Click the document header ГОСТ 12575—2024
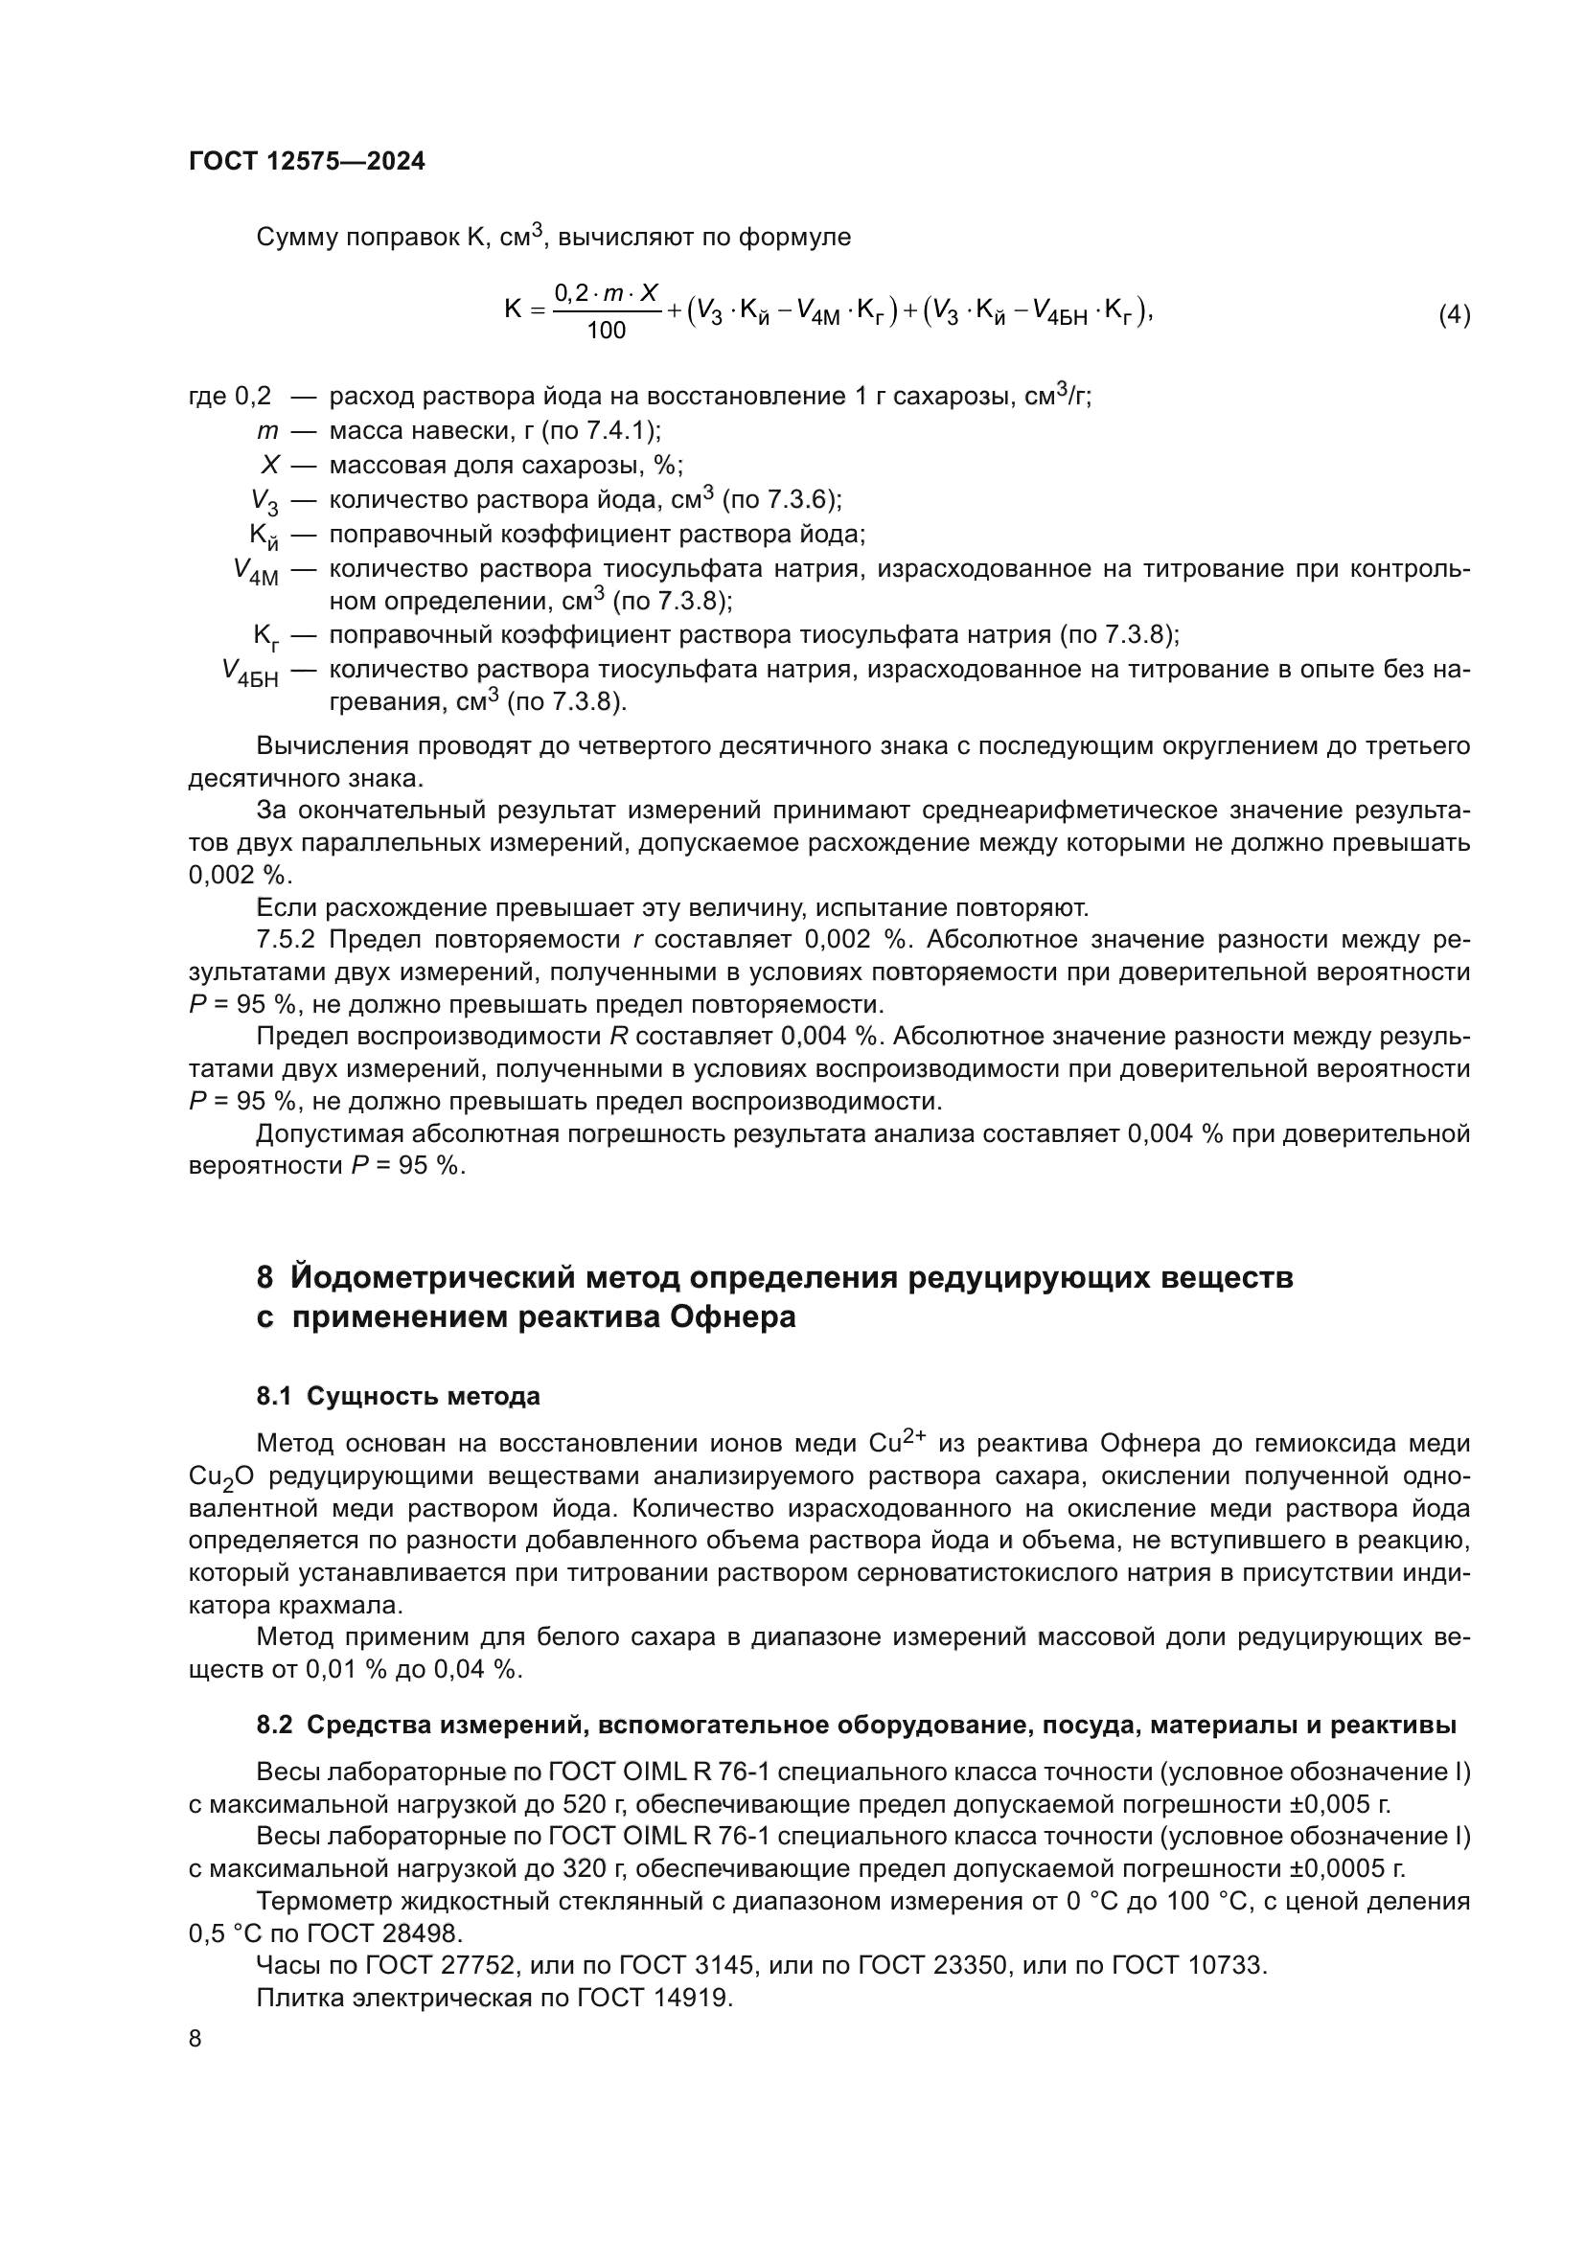click(307, 161)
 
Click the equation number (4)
click(1454, 314)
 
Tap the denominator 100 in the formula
click(606, 331)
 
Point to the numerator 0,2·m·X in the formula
click(606, 292)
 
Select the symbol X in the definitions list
click(270, 465)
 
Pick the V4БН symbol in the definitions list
click(250, 673)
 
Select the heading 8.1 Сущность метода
click(399, 1396)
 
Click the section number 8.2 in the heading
click(274, 1725)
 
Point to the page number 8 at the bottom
click(195, 2038)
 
